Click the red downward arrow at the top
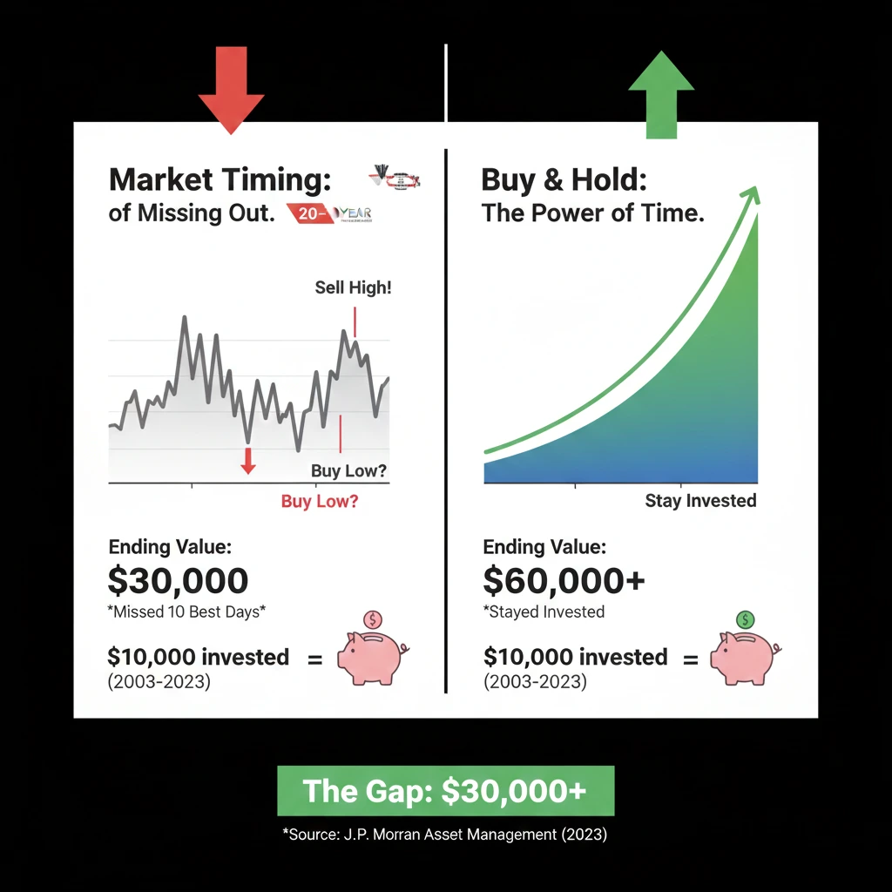tap(231, 98)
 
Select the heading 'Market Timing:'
tap(220, 180)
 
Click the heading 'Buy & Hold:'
tap(564, 180)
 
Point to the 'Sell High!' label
tap(353, 287)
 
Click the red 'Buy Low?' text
tap(319, 502)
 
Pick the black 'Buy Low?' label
tap(348, 472)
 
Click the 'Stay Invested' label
tap(700, 501)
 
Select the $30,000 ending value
tap(179, 580)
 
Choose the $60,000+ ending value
tap(564, 580)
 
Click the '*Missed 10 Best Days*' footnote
tap(186, 612)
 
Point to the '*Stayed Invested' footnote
tap(544, 612)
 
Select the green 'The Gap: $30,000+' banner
tap(445, 791)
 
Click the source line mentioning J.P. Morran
tap(445, 835)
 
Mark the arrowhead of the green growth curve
tap(750, 195)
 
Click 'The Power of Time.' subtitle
tap(592, 213)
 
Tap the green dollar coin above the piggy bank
tap(746, 620)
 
